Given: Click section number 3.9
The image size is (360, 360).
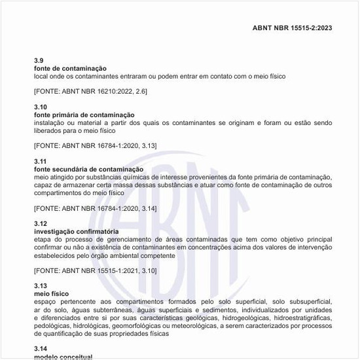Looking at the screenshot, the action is [39, 60].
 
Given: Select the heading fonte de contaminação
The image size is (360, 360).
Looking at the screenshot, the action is [71, 68].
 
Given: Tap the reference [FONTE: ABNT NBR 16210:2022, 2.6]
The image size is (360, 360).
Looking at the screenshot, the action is [90, 91].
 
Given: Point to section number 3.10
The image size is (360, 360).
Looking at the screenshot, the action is [41, 107].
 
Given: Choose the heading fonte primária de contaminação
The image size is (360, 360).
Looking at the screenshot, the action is [84, 115].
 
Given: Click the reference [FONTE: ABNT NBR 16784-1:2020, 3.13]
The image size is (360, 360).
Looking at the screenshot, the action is [96, 145].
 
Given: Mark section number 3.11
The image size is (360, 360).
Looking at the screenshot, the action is [41, 161].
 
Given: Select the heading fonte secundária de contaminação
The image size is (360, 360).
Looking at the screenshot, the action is [88, 169].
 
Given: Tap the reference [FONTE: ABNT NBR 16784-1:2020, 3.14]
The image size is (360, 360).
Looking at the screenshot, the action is [96, 208].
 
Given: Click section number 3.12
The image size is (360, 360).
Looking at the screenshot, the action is [41, 224].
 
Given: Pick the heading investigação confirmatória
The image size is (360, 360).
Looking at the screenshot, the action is [77, 231].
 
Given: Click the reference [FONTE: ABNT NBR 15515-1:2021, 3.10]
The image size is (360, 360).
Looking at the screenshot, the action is [96, 270].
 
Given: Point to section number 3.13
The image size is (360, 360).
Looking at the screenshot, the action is [41, 286].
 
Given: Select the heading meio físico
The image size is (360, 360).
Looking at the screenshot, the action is [51, 294].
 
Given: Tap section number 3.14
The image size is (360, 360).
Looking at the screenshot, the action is [41, 349].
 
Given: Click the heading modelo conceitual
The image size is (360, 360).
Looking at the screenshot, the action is [63, 357].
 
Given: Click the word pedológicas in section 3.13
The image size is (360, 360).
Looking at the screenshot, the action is [52, 325].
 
